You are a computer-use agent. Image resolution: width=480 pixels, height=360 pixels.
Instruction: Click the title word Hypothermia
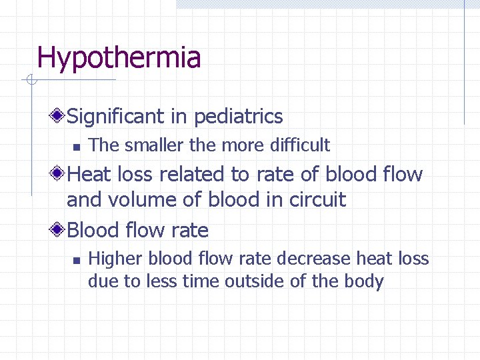[119, 58]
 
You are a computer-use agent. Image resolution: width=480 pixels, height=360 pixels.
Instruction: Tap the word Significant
[117, 117]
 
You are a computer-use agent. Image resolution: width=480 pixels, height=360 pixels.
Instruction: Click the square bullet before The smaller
[77, 146]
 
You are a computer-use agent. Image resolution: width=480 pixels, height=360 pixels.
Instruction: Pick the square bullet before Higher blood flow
[77, 259]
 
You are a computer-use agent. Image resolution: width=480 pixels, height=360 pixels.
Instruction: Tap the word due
[101, 282]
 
